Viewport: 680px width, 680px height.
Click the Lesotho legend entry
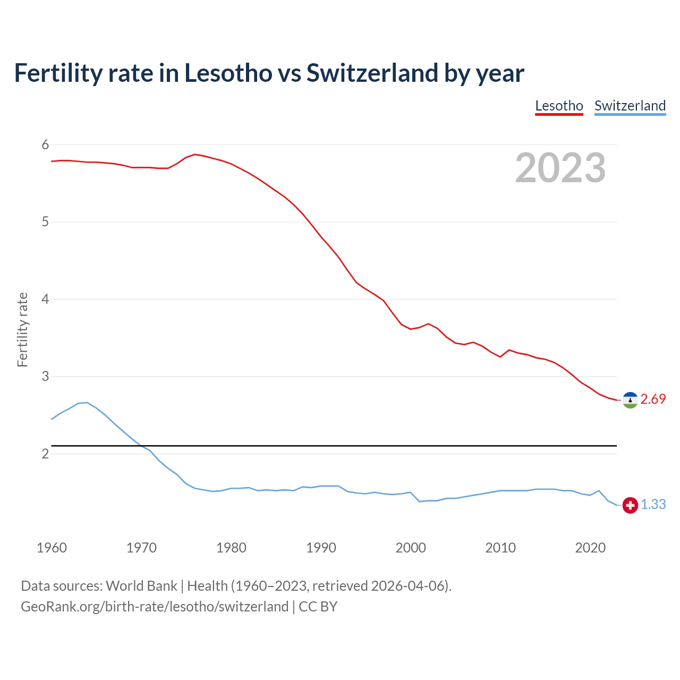(x=559, y=106)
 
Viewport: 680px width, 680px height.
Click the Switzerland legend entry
(x=630, y=106)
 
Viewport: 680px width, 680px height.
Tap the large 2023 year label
(x=560, y=168)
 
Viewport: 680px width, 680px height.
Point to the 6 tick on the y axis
(x=45, y=144)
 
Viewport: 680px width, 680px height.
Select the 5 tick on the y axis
(x=45, y=222)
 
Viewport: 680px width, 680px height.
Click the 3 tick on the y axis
(x=45, y=377)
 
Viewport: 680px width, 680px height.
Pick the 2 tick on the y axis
(x=45, y=454)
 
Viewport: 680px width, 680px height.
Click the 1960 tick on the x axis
(x=52, y=548)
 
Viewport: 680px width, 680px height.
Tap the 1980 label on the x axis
(x=231, y=548)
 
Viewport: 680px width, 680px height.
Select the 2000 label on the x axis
(x=411, y=548)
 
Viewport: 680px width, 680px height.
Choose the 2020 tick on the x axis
(x=590, y=548)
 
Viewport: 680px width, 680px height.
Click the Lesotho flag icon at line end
(x=630, y=400)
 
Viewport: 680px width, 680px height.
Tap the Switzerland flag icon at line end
(x=630, y=505)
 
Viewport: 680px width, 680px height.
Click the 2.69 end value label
(x=653, y=399)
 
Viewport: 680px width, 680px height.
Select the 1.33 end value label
(x=653, y=505)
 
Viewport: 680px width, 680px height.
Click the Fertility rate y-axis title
(x=22, y=329)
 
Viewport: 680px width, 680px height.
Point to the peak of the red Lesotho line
(x=195, y=154)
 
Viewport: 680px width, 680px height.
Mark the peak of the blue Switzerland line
(x=87, y=402)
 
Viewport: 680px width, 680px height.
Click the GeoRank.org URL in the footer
(x=154, y=607)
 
